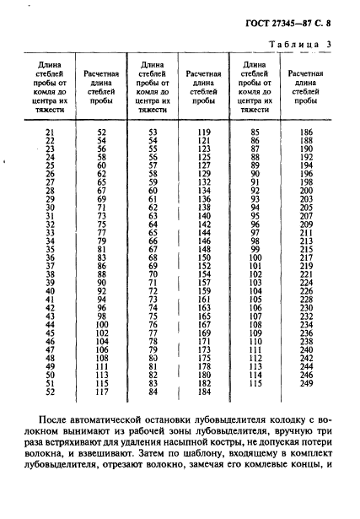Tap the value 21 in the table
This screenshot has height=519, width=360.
coord(48,132)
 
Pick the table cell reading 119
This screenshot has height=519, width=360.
coord(202,132)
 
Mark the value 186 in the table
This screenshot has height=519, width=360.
coord(305,132)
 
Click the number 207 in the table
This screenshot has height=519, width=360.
coord(305,216)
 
